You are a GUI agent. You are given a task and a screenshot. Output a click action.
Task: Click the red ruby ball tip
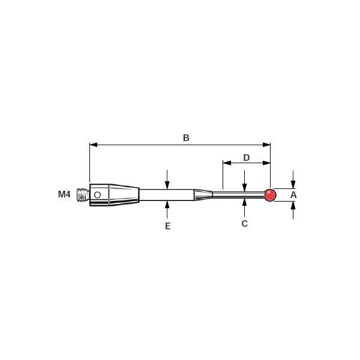tap(270, 195)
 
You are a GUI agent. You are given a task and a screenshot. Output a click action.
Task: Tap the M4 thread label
tap(64, 194)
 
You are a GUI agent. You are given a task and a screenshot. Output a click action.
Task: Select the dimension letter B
tap(186, 138)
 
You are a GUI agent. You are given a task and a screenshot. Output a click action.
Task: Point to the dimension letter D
tap(246, 158)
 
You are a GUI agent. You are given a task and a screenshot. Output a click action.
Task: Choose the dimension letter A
tap(293, 195)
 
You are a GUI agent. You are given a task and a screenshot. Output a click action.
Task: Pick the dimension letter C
tap(245, 223)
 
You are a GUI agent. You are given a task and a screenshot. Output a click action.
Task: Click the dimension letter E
tap(167, 226)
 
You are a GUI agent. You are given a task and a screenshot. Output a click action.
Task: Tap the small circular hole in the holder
tap(97, 195)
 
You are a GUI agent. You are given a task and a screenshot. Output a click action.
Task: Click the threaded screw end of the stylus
tap(83, 195)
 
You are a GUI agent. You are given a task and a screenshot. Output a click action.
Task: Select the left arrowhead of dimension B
tap(93, 145)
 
